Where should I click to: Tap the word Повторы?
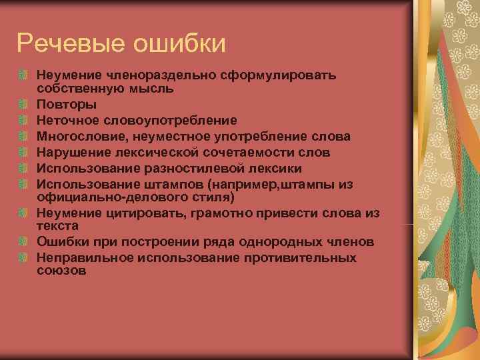coord(67,105)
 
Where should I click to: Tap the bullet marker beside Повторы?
coord(24,105)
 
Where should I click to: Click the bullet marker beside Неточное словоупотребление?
coord(24,121)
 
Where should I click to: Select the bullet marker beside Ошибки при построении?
coord(24,241)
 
